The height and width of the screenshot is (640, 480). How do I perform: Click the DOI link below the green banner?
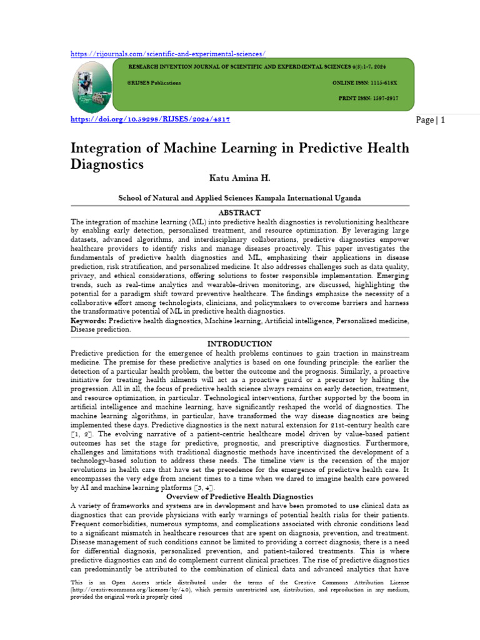coord(150,119)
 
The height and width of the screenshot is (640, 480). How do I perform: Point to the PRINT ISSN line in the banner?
coord(368,99)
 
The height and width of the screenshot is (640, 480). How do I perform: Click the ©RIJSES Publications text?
coord(154,82)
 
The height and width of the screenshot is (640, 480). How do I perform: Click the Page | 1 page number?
coord(431,120)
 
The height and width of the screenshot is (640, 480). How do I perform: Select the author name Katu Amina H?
coord(239,179)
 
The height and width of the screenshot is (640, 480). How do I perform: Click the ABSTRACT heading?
coord(239,212)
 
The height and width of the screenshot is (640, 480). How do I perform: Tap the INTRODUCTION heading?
coord(239,344)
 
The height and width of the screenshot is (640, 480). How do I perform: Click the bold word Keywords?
coord(89,321)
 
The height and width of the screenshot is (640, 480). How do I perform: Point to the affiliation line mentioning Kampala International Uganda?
coord(239,197)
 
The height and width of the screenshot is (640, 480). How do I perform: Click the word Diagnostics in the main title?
coord(106,165)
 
